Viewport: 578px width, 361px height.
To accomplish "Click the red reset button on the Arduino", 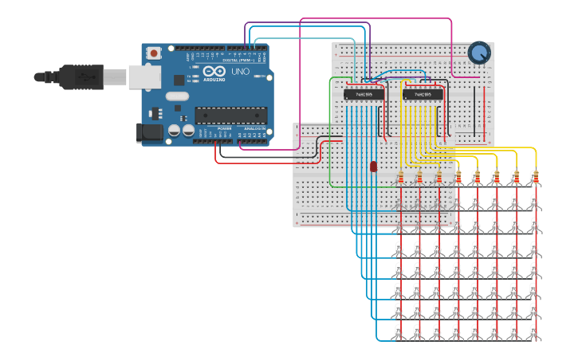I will pos(153,53).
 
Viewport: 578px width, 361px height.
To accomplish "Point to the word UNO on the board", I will pos(240,72).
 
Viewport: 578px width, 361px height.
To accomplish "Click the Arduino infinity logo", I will pos(211,73).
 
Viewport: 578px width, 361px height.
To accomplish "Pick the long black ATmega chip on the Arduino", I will pos(231,116).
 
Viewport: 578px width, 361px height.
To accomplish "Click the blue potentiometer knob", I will pos(479,53).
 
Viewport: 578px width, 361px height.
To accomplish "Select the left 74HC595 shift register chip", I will pos(364,94).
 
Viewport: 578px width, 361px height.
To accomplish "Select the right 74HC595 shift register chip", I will pos(423,94).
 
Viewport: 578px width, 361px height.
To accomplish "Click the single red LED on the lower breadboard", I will pos(373,166).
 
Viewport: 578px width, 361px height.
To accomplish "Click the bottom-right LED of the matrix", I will pos(534,331).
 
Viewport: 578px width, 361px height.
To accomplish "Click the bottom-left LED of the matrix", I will pos(399,331).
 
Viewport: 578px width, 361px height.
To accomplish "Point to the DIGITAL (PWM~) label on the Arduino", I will pos(238,60).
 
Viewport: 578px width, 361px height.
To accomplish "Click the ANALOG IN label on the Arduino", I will pos(254,128).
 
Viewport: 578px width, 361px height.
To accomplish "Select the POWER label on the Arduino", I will pos(225,128).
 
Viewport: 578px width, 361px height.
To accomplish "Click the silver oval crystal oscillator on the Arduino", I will pos(176,97).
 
